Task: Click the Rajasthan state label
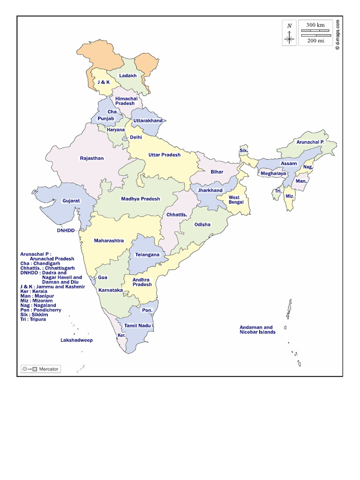(x=92, y=158)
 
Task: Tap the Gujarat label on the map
(x=71, y=201)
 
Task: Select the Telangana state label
(x=147, y=255)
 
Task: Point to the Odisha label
(x=202, y=225)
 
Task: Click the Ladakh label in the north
(x=127, y=75)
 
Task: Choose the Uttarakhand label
(x=148, y=121)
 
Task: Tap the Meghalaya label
(x=273, y=173)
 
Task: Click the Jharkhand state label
(x=210, y=190)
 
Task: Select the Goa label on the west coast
(x=103, y=277)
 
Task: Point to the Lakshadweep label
(x=76, y=340)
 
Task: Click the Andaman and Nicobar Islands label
(x=257, y=330)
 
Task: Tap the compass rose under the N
(x=289, y=38)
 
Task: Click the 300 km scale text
(x=315, y=25)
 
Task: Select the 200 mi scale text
(x=315, y=40)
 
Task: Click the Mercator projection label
(x=49, y=369)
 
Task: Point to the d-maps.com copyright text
(x=337, y=34)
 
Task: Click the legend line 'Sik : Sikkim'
(x=34, y=315)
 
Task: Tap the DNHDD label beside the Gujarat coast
(x=66, y=231)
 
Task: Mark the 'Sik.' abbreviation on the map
(x=243, y=150)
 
